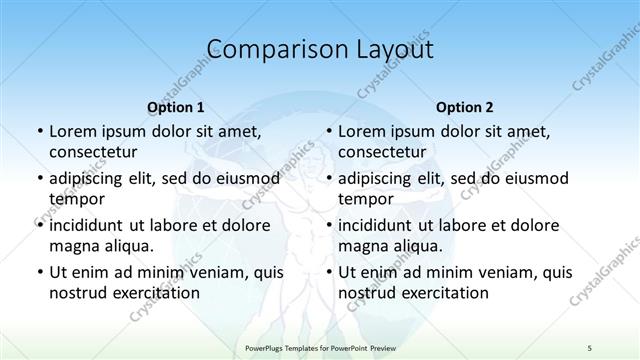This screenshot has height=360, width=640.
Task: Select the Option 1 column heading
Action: click(x=176, y=107)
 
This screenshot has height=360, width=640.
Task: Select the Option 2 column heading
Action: click(x=465, y=107)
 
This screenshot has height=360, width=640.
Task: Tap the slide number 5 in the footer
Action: click(x=590, y=346)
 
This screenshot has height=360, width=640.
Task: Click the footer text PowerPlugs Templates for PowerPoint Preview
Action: click(x=319, y=346)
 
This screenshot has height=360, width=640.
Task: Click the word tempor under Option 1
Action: click(x=76, y=198)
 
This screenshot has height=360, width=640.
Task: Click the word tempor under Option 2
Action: click(x=365, y=198)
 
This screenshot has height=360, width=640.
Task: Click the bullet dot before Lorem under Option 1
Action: click(x=39, y=131)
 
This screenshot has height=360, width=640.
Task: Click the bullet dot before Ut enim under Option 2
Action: click(x=328, y=272)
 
